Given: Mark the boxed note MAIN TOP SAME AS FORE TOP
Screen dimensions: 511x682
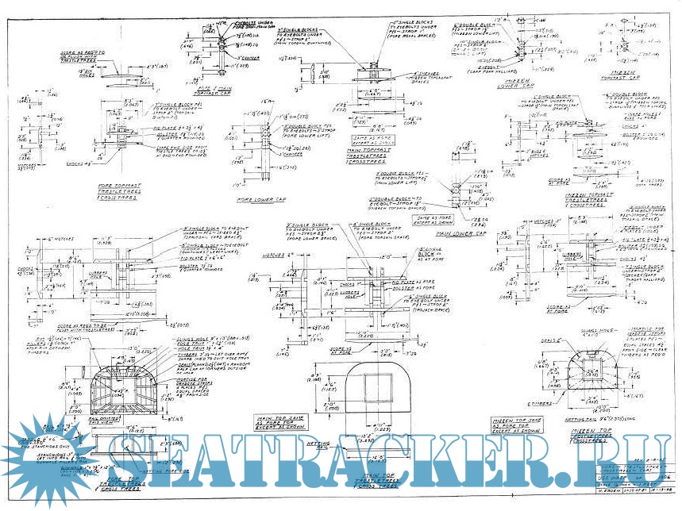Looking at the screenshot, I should (x=284, y=421).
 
